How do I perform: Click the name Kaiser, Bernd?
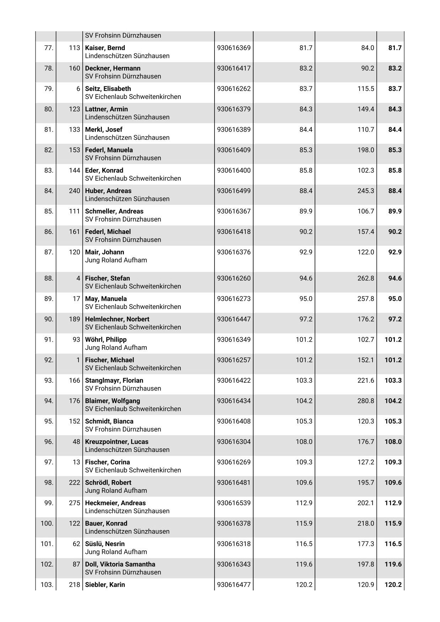click(x=105, y=48)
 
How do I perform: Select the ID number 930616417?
click(x=234, y=68)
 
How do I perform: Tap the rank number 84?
click(x=48, y=191)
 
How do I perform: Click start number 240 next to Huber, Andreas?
click(x=74, y=191)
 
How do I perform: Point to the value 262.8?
click(x=365, y=278)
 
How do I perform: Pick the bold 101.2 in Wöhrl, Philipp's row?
click(x=393, y=339)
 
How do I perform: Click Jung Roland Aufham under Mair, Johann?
click(x=116, y=260)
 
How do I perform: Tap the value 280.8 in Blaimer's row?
click(x=365, y=401)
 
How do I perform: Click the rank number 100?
click(x=47, y=523)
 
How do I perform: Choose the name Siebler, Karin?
click(x=105, y=585)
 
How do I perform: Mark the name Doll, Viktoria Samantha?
click(x=120, y=564)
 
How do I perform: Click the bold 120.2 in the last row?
click(x=393, y=585)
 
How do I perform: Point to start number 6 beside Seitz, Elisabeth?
click(x=78, y=89)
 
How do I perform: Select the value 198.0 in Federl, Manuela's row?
click(x=365, y=150)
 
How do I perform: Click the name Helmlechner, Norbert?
click(x=117, y=319)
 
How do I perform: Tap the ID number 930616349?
click(x=234, y=339)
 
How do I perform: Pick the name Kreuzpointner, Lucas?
click(x=116, y=442)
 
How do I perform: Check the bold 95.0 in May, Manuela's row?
click(x=395, y=299)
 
